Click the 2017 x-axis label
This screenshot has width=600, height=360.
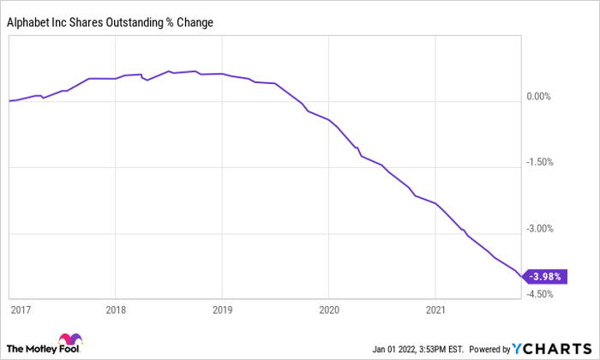coord(20,308)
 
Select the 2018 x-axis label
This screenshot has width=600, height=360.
coord(116,308)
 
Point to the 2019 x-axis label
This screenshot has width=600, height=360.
coord(222,308)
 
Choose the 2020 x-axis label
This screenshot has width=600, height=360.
coord(329,308)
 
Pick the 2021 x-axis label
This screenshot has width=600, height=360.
coord(435,308)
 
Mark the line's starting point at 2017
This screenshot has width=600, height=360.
coord(9,101)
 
